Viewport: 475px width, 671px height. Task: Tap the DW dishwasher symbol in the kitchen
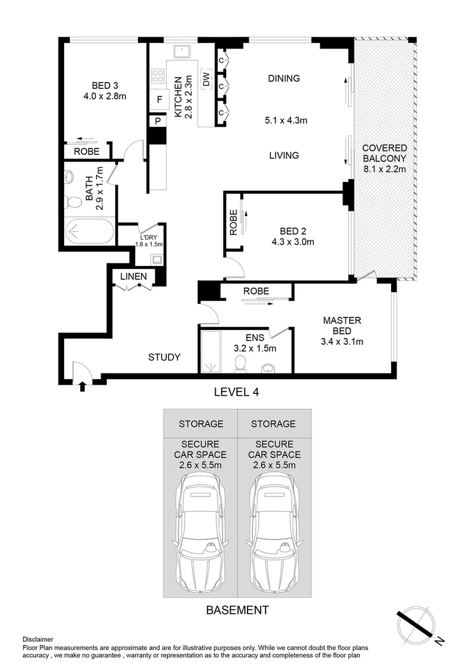click(206, 80)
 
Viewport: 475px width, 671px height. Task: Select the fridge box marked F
click(159, 100)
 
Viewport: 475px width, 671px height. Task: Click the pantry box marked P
click(158, 121)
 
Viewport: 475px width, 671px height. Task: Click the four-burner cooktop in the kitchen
click(158, 76)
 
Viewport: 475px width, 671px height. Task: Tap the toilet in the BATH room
click(73, 201)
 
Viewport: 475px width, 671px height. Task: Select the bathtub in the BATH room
click(90, 232)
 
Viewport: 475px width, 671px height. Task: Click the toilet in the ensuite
click(240, 364)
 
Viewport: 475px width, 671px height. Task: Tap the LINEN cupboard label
click(133, 276)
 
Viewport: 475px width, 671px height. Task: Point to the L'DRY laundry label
click(149, 237)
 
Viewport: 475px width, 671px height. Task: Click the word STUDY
click(165, 357)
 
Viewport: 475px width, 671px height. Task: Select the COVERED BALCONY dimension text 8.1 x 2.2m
click(385, 169)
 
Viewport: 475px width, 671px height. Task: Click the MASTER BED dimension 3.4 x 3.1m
click(342, 342)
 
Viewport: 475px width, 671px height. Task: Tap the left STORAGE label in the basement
click(201, 424)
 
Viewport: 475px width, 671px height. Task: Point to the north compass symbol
click(417, 623)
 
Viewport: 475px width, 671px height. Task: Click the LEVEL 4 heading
click(236, 391)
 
